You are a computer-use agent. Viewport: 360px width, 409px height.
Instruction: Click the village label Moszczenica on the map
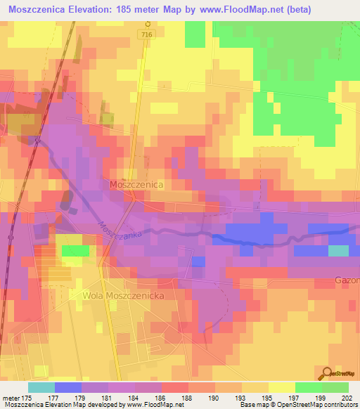136,183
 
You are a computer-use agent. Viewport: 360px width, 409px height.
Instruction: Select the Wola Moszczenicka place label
124,296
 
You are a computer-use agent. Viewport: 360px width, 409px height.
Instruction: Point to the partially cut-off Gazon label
347,281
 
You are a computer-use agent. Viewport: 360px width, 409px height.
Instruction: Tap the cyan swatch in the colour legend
41,387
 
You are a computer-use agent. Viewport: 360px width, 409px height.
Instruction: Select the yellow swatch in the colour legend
281,387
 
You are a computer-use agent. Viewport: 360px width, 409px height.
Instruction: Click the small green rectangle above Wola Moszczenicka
75,250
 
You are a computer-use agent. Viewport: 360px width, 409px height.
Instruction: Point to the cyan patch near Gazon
338,250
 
